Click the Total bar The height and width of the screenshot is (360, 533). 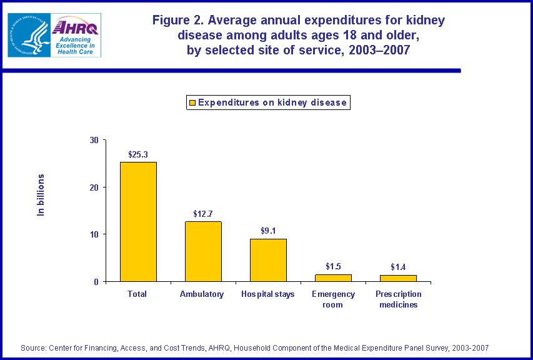tap(138, 221)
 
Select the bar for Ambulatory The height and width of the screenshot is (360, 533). tap(203, 251)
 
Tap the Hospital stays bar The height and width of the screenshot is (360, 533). tap(268, 260)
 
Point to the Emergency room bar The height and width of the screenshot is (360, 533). tap(333, 277)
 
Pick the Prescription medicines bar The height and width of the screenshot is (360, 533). tap(398, 278)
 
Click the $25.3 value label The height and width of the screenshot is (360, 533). tap(138, 153)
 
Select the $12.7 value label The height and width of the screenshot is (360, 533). tap(203, 212)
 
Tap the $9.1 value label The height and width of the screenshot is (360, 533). tap(268, 230)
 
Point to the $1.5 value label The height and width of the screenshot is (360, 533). tap(333, 266)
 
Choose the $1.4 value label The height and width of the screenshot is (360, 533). tap(398, 267)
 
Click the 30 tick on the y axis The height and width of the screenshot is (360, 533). tap(93, 140)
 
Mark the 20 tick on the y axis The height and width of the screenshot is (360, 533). tap(93, 187)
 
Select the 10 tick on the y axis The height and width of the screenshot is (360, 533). tap(93, 234)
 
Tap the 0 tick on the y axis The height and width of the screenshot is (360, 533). tap(96, 282)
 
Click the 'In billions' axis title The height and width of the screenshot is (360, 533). tap(41, 195)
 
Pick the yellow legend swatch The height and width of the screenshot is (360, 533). tap(192, 102)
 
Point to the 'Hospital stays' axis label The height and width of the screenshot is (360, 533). tap(267, 294)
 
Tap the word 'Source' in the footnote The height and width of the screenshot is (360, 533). tap(34, 347)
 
